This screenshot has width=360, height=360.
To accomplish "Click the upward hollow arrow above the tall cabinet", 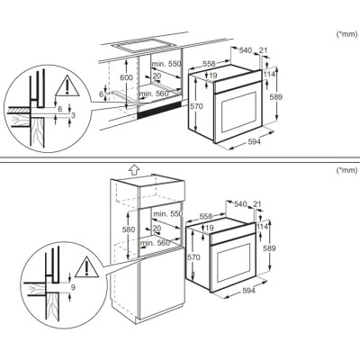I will [133, 167].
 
